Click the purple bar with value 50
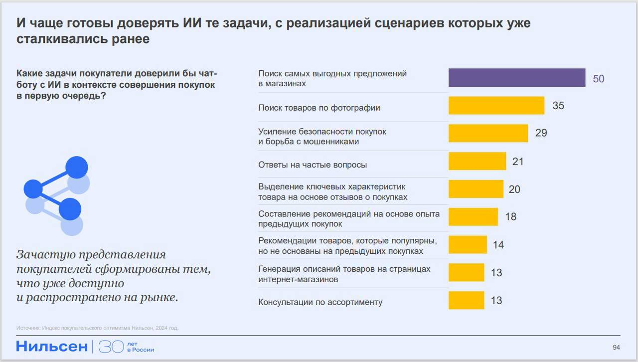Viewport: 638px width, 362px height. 516,78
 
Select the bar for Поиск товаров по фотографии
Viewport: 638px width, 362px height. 496,106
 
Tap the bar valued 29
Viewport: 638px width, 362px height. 488,133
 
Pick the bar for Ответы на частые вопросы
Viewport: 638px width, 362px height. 477,162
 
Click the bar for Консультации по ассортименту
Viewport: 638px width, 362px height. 466,300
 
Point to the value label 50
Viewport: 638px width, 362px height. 598,79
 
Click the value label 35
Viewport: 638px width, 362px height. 558,106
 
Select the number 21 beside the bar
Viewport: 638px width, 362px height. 518,162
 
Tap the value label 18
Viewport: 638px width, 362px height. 510,217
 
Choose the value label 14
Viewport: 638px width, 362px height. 498,245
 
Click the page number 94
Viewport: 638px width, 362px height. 616,348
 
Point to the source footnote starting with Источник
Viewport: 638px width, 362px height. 97,328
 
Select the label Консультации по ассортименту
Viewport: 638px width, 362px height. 320,302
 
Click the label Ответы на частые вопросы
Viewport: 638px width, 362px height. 313,165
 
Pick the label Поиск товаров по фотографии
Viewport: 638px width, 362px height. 319,108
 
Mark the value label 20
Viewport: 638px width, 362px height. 514,189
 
